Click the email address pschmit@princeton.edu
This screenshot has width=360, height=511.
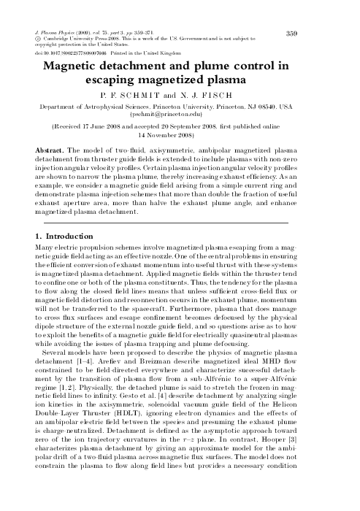coord(180,115)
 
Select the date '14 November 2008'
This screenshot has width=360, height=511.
coord(180,134)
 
